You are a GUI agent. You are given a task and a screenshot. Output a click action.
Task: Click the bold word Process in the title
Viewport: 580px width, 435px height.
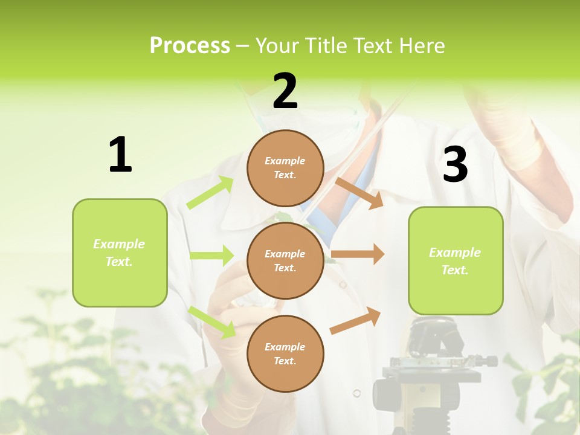(190, 46)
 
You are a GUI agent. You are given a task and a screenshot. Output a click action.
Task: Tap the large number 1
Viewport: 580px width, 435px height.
(120, 155)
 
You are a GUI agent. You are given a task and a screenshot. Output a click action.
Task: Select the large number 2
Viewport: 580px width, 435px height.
(285, 91)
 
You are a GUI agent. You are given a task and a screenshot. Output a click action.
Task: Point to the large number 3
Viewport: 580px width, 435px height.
(455, 165)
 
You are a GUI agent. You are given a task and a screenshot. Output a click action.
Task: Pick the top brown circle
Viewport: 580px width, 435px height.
(285, 167)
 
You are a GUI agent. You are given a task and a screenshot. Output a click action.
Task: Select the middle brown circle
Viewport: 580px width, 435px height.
(285, 260)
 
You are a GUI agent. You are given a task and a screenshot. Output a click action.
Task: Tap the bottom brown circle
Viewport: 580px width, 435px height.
(285, 353)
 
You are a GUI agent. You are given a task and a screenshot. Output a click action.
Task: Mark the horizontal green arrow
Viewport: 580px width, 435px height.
(211, 256)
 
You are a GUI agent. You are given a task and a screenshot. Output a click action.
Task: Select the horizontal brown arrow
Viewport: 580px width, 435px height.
(358, 254)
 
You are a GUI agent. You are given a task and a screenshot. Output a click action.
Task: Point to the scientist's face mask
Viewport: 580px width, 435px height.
(338, 130)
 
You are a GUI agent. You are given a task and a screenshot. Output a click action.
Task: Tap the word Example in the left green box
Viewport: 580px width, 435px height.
(119, 244)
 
